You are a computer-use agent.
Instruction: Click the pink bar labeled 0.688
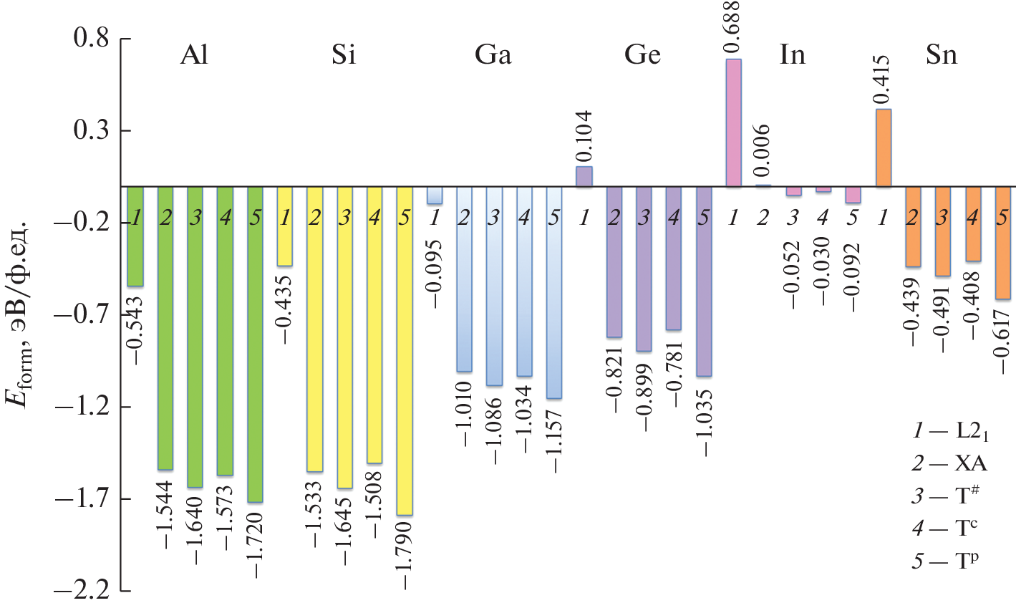(733, 123)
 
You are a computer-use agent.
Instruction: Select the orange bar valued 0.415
(883, 148)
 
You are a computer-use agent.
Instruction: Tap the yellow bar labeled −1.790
(405, 351)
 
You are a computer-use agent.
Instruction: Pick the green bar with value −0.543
(135, 236)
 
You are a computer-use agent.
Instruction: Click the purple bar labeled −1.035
(704, 281)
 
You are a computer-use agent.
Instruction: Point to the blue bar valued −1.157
(553, 293)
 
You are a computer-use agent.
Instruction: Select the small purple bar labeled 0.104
(584, 177)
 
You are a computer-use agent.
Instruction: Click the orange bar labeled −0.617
(1002, 243)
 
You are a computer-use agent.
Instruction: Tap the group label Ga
(493, 56)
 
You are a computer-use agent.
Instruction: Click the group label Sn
(942, 56)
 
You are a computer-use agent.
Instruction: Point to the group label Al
(194, 56)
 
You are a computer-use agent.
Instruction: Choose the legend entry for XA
(949, 464)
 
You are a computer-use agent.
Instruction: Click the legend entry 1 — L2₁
(951, 432)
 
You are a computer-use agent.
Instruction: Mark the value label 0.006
(763, 150)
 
